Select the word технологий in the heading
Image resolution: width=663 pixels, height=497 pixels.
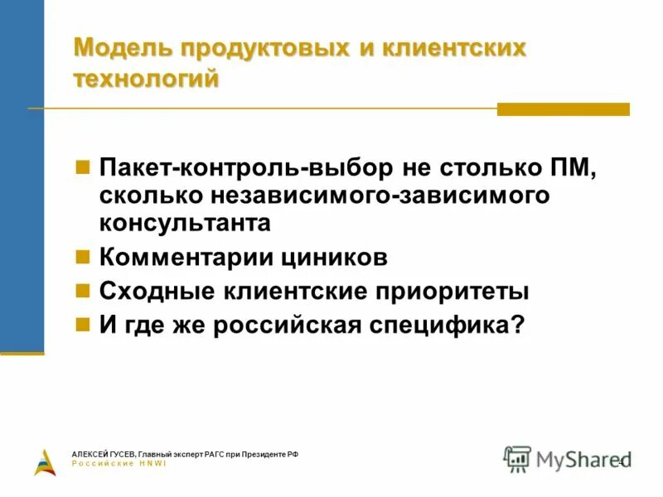147,79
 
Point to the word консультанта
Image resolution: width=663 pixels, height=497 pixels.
185,224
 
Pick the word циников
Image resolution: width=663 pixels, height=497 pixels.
338,257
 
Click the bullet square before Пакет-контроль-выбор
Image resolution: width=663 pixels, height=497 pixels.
82,166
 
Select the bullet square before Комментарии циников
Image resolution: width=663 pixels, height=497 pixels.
82,256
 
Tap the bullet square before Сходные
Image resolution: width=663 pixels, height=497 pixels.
82,290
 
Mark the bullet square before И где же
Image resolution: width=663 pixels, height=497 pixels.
82,324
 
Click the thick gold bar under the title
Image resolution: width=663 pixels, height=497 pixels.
563,109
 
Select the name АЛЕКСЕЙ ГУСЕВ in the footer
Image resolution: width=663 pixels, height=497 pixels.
104,455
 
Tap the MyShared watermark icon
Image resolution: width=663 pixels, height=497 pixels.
518,458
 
